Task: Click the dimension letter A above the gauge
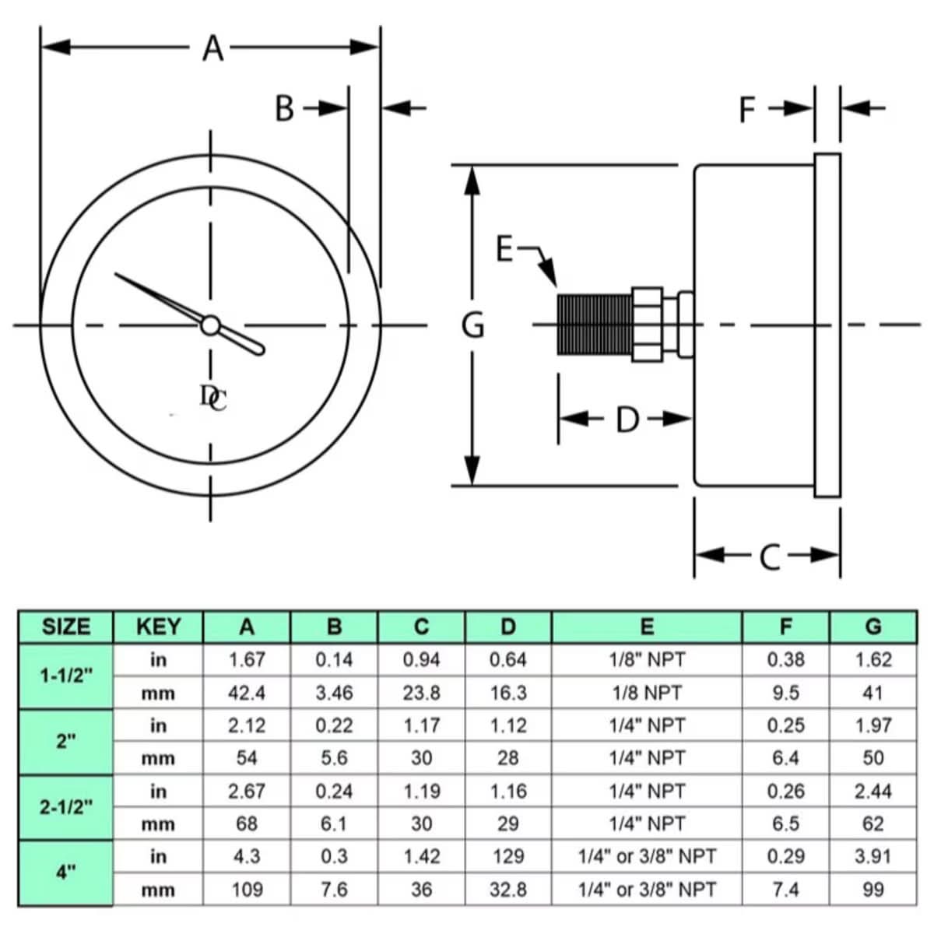tap(212, 48)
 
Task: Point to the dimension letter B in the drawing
tap(285, 109)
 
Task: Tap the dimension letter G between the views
tap(473, 325)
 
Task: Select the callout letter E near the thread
tap(505, 250)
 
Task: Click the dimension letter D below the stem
tap(627, 420)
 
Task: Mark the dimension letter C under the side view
tap(769, 557)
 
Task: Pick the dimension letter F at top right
tap(747, 110)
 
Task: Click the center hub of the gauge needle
tap(210, 325)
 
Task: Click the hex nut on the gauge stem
tap(647, 324)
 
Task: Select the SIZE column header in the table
tap(66, 627)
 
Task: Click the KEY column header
tap(158, 627)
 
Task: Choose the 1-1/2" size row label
tap(66, 676)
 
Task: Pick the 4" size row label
tap(66, 873)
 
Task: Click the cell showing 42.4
tap(247, 693)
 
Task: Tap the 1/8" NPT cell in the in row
tap(647, 660)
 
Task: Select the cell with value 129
tap(508, 856)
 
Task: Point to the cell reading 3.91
tap(873, 856)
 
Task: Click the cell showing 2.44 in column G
tap(873, 791)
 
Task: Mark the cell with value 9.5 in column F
tap(786, 693)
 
